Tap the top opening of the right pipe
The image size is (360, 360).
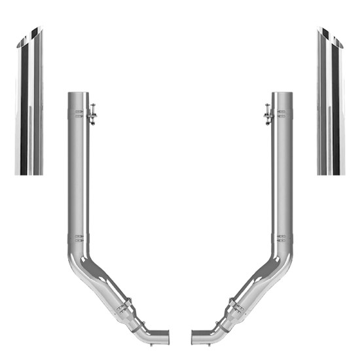click(283, 94)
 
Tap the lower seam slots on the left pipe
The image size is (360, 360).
click(79, 237)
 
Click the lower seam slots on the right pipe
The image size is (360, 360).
click(281, 237)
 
